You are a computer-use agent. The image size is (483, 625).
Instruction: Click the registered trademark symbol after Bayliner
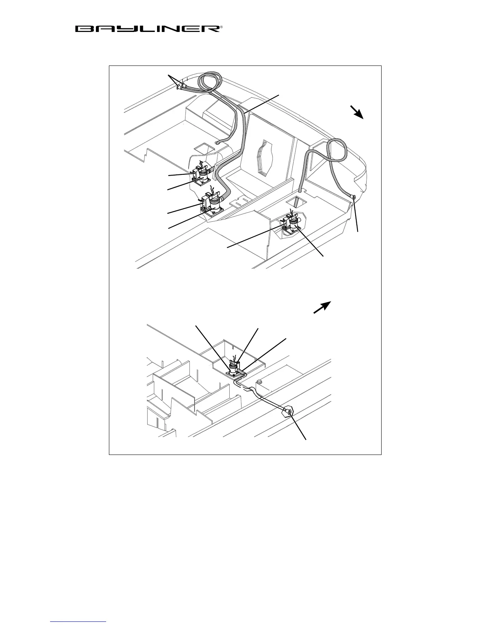221,27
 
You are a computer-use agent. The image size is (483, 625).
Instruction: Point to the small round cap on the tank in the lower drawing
259,382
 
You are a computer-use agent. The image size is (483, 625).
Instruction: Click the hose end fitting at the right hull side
354,197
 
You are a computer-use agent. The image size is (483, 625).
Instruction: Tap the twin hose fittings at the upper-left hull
182,86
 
